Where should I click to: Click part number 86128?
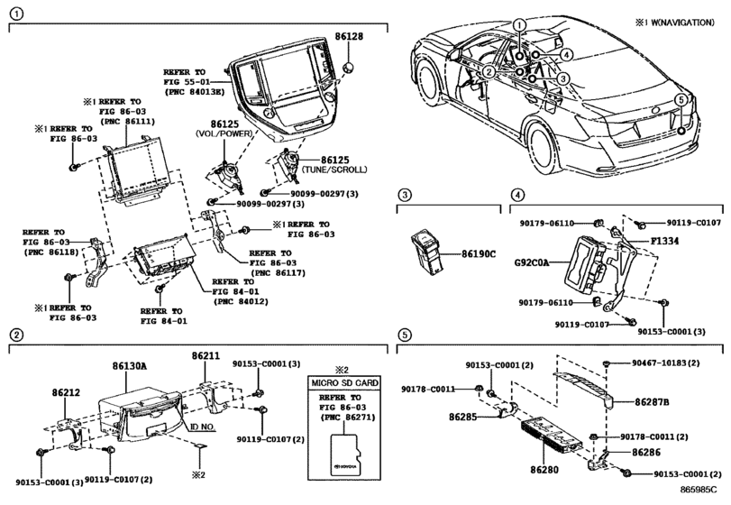pos(349,36)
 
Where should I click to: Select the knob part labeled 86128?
pos(348,68)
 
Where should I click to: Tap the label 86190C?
pos(479,254)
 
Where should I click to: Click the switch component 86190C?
pos(426,252)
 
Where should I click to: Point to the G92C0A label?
pos(532,262)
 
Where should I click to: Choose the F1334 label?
pos(665,241)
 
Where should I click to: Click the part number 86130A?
pos(129,366)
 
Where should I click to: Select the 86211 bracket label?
pos(206,356)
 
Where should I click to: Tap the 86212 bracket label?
pos(66,392)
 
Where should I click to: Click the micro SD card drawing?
pos(345,455)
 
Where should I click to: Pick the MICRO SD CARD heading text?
pos(345,383)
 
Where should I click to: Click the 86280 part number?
pos(544,470)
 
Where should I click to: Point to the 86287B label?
pos(652,402)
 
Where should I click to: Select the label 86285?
pos(463,417)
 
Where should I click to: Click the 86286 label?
pos(646,453)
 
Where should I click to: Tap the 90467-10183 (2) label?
pos(666,363)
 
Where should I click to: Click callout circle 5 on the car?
pos(681,100)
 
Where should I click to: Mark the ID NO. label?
pos(203,427)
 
